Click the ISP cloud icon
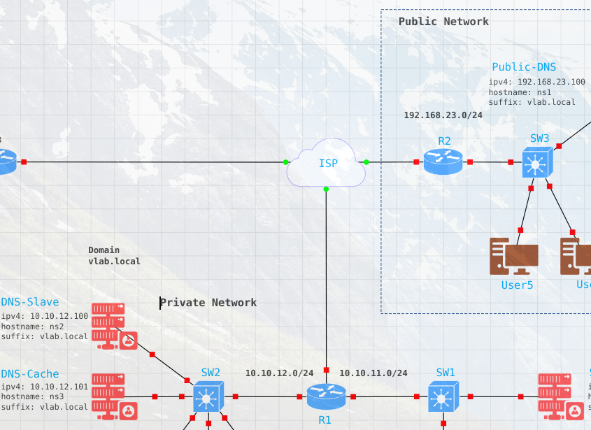[x=326, y=163]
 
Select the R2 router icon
[x=443, y=162]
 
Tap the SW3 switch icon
[x=537, y=162]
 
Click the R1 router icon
[x=326, y=396]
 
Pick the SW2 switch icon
[x=208, y=396]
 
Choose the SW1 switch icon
[x=442, y=396]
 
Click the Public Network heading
[x=443, y=22]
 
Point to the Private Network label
[x=208, y=303]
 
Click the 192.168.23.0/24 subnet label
[x=443, y=115]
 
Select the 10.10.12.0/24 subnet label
[x=279, y=373]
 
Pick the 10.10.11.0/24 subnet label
[x=373, y=373]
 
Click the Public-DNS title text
[x=524, y=67]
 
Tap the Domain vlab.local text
[x=114, y=256]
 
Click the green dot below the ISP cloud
[x=326, y=189]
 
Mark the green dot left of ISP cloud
[x=285, y=162]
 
